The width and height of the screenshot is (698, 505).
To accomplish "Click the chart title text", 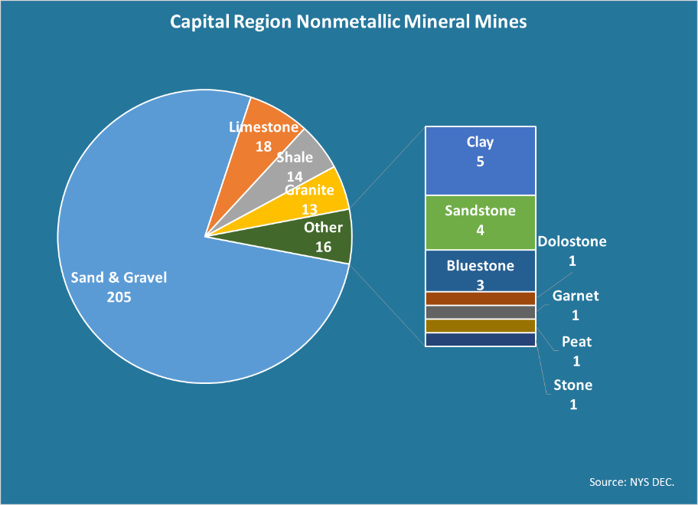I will [x=348, y=21].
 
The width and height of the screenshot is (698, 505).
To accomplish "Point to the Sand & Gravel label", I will [x=119, y=277].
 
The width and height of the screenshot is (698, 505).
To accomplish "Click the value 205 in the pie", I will [x=119, y=297].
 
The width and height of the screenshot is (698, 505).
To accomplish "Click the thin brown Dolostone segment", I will [x=480, y=299].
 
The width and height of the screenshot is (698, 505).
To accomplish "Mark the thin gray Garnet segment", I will [x=480, y=313].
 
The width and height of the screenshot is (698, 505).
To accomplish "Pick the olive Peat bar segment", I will [x=480, y=326].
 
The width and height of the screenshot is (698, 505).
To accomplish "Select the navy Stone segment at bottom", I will [x=480, y=339].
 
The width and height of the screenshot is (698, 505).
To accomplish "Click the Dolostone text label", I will [x=572, y=242].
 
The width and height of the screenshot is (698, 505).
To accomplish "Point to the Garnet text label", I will [x=576, y=296].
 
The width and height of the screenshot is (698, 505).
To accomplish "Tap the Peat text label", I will [x=576, y=342].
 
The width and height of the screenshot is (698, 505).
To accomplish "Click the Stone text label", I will [x=573, y=385].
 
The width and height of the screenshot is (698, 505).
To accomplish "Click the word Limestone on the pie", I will [x=263, y=127].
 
